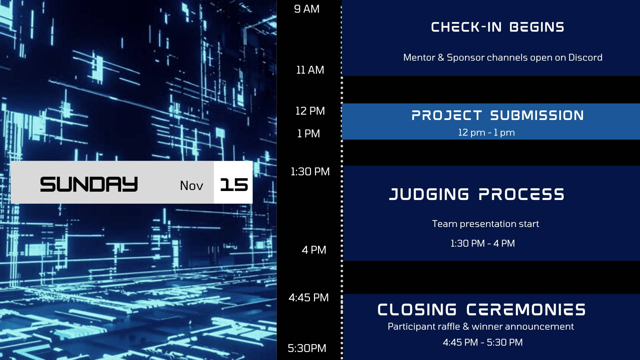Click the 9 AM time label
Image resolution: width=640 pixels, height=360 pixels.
[307, 9]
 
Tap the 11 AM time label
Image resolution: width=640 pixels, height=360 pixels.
[310, 70]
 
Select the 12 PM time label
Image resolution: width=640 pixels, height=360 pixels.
[310, 111]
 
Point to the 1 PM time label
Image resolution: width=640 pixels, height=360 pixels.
[308, 134]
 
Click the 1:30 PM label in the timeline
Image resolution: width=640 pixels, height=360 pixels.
[310, 172]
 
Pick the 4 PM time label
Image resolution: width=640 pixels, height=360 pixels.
[314, 250]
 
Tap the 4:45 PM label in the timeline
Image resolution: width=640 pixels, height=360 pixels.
[309, 298]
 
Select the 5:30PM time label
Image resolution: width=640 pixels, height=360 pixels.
[307, 348]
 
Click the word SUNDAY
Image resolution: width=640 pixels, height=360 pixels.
[89, 184]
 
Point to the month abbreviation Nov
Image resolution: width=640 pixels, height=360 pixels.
[191, 186]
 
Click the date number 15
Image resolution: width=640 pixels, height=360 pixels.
[234, 185]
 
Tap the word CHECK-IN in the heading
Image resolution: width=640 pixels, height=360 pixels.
[466, 27]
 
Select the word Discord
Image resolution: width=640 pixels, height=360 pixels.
[585, 57]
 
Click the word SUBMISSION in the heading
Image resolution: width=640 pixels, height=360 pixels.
[537, 115]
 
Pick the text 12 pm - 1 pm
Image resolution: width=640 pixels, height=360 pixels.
[486, 133]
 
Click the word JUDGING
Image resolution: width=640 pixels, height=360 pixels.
[429, 194]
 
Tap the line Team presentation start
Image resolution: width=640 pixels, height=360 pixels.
[485, 224]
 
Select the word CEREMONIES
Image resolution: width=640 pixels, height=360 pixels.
[526, 310]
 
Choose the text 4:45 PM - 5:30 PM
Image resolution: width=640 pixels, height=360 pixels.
[483, 342]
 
